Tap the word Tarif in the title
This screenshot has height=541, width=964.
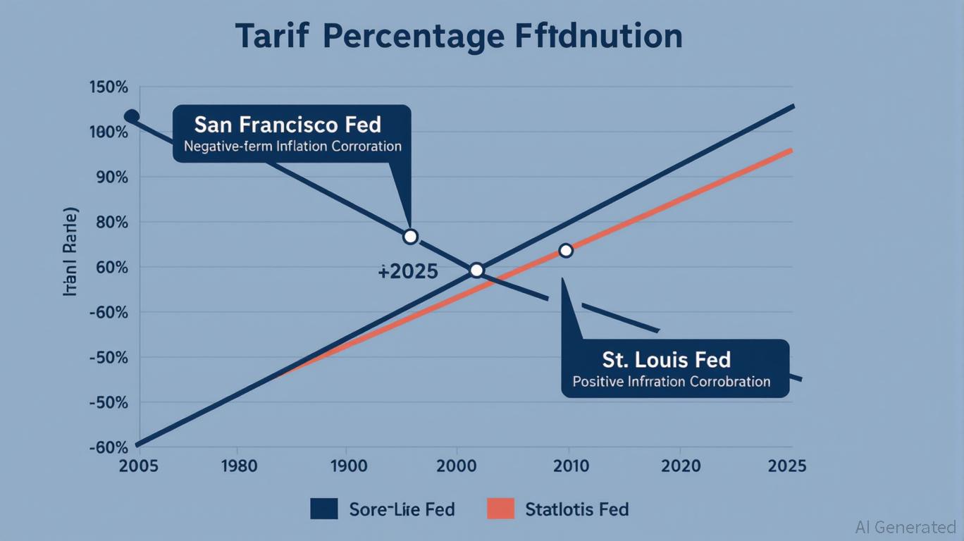272,36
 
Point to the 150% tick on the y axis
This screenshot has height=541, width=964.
109,88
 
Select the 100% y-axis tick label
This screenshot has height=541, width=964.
109,132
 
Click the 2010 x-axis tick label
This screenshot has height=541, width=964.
571,466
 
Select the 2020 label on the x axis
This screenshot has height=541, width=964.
681,466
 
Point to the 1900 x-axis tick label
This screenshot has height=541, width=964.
347,466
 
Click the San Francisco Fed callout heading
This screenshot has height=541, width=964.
288,125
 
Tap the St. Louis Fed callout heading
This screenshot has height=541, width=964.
666,360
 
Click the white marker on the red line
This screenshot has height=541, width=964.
565,250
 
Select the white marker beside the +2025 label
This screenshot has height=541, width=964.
476,270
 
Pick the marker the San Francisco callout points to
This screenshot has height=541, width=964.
410,237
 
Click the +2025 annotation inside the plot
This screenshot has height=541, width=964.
408,271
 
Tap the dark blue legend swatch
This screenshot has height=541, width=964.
323,509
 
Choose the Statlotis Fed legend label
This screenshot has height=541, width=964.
576,509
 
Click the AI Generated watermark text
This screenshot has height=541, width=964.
905,527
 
